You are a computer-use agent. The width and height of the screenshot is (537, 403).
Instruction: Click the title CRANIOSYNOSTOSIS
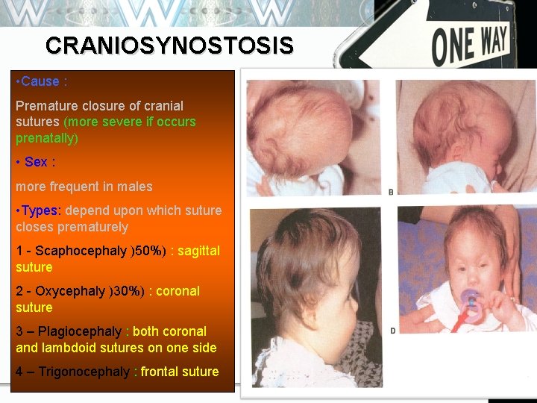pyautogui.click(x=169, y=46)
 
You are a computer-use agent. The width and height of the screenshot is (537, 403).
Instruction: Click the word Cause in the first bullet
pyautogui.click(x=40, y=81)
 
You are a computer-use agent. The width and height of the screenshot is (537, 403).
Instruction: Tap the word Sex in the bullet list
pyautogui.click(x=36, y=162)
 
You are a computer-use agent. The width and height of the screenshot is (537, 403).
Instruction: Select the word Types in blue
pyautogui.click(x=40, y=210)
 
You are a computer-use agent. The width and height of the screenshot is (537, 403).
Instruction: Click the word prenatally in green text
pyautogui.click(x=45, y=138)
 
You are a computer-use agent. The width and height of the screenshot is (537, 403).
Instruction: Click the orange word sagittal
pyautogui.click(x=198, y=251)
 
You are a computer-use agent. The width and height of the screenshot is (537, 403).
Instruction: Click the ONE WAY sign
pyautogui.click(x=470, y=45)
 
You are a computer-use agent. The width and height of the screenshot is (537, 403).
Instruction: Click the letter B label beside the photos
pyautogui.click(x=392, y=193)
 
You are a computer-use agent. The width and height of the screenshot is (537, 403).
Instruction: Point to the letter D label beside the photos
pyautogui.click(x=392, y=330)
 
